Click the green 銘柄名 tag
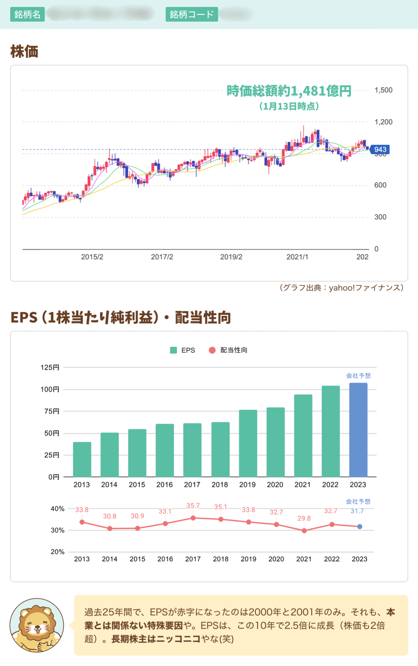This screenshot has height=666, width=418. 27,14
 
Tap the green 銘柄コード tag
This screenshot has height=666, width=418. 192,14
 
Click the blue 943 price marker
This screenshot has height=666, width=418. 380,150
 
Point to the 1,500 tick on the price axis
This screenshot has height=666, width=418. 383,90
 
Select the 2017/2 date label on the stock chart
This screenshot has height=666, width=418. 162,257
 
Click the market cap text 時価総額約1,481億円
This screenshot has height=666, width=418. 289,91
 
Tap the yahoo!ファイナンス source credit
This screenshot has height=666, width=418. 341,288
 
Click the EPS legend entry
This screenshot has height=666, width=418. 183,350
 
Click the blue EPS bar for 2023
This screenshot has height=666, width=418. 358,430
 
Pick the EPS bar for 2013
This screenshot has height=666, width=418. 82,460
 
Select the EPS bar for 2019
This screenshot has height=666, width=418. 248,443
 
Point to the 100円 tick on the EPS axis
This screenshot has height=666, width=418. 50,389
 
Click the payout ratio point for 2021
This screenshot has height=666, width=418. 304,531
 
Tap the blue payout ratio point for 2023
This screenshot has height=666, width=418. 360,526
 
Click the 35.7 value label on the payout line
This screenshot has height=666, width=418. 193,506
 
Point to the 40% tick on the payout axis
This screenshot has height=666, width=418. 57,509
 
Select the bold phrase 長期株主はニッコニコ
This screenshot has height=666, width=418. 156,639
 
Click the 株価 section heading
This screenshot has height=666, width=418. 24,52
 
